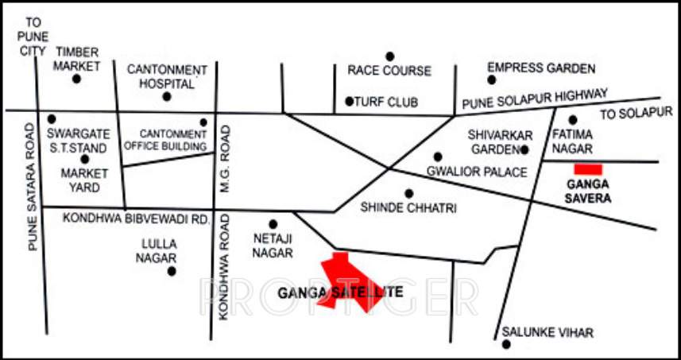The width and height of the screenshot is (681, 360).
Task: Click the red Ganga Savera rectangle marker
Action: (x=589, y=169)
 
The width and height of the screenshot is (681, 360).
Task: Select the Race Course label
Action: (x=389, y=71)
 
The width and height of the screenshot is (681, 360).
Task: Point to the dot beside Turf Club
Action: (x=349, y=101)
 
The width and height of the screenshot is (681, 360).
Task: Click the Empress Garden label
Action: (x=541, y=68)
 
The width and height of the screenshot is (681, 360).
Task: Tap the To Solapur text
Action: (x=636, y=114)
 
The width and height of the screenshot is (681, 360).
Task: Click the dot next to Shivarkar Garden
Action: (x=524, y=149)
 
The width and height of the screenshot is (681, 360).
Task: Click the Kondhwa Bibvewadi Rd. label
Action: (x=135, y=218)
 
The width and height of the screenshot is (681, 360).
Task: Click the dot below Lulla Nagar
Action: (x=171, y=272)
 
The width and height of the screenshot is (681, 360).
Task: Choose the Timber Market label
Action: (x=77, y=58)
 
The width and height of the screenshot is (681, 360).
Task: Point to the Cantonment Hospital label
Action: (x=167, y=76)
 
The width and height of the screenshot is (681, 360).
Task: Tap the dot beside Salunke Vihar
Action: (x=505, y=344)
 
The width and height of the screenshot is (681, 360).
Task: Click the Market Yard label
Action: (x=79, y=180)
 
